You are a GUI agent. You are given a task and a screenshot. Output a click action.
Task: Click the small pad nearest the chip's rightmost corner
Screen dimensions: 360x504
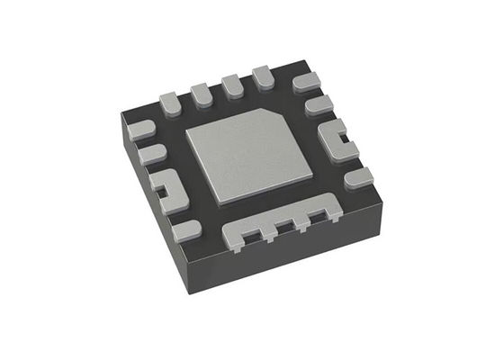[x=357, y=177]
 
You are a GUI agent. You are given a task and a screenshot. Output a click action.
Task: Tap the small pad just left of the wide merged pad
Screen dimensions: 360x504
[x=186, y=229]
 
